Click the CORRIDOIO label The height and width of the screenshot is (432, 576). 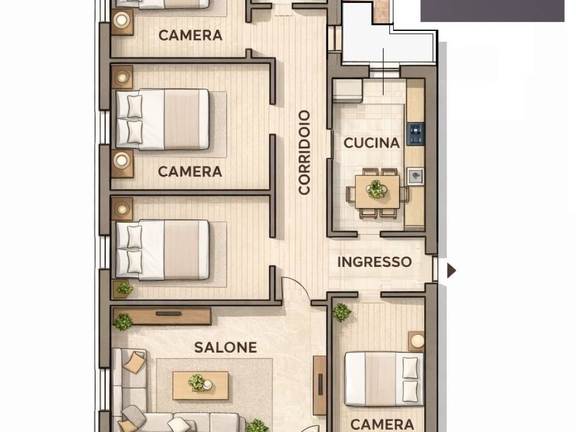pyautogui.click(x=304, y=152)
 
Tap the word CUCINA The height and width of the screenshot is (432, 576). pyautogui.click(x=371, y=143)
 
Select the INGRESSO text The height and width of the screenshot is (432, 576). pyautogui.click(x=374, y=262)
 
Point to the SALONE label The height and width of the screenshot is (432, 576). pyautogui.click(x=226, y=348)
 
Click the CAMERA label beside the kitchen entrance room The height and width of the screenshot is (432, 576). pyautogui.click(x=382, y=424)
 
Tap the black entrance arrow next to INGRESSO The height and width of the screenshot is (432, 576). pyautogui.click(x=451, y=271)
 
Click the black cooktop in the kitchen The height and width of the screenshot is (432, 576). pyautogui.click(x=416, y=133)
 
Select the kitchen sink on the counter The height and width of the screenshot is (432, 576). pyautogui.click(x=415, y=176)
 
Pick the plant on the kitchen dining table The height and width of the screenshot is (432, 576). pyautogui.click(x=376, y=190)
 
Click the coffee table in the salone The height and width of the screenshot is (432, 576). pyautogui.click(x=200, y=385)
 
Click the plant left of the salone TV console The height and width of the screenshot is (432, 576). pyautogui.click(x=123, y=322)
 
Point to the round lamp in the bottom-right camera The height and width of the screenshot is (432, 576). pyautogui.click(x=417, y=340)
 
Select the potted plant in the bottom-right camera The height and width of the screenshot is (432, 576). pyautogui.click(x=341, y=312)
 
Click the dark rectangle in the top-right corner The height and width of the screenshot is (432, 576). pyautogui.click(x=492, y=11)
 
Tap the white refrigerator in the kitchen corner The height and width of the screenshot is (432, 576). pyautogui.click(x=347, y=91)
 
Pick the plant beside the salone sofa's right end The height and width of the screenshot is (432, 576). pyautogui.click(x=256, y=426)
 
